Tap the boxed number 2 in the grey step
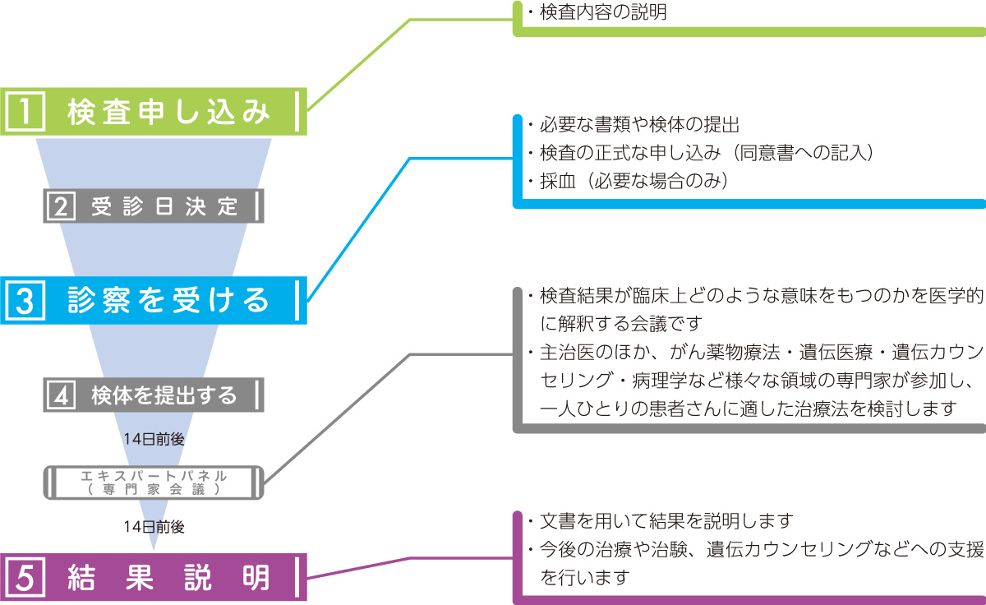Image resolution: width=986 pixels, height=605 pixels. coord(60,206)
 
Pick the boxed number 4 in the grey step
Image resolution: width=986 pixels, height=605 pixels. coord(60,395)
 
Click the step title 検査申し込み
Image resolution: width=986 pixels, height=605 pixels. coord(168,111)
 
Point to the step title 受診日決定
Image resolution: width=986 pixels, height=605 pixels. coord(165,206)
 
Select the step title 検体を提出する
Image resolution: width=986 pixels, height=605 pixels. coord(165,395)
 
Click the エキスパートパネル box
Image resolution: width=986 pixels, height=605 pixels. coord(154,482)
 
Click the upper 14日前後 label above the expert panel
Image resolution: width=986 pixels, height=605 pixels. coord(154,439)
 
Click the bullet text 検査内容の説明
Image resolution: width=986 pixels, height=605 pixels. coord(597,13)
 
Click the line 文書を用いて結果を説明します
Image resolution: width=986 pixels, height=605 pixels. coord(666,521)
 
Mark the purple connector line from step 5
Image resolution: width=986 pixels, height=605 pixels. coord(362,567)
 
